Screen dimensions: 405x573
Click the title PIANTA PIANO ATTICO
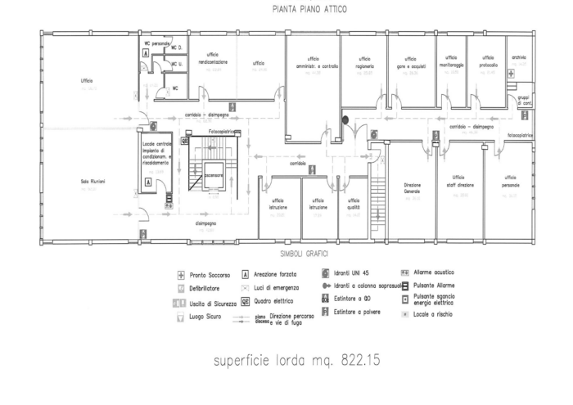[301, 10]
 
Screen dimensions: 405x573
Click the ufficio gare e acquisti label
[408, 61]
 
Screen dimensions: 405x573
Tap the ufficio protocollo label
[489, 60]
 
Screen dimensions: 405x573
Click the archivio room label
[518, 57]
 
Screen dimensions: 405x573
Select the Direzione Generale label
[412, 188]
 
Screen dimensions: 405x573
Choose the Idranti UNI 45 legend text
[354, 273]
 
